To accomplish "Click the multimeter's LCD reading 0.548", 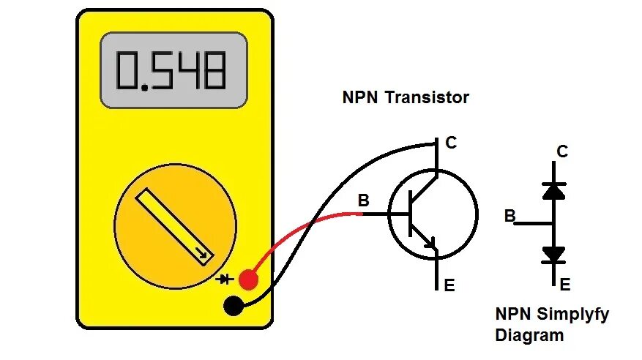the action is tap(173, 70).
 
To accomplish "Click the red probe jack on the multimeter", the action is tap(248, 279).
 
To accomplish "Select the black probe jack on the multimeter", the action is tap(234, 306).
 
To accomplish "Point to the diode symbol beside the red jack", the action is tap(226, 279).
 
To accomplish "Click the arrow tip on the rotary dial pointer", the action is tap(206, 256).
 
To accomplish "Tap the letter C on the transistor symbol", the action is tap(451, 143).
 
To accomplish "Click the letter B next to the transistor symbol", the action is tap(363, 200).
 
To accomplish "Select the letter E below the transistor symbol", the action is tap(449, 285).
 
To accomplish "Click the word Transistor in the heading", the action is tap(432, 97).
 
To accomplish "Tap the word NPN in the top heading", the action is tap(359, 97).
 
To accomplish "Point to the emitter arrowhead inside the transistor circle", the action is tap(431, 244).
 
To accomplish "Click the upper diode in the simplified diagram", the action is tap(554, 190).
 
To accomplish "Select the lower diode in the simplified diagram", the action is tap(554, 254).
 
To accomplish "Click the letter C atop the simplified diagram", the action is tap(562, 152).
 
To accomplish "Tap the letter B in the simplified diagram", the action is tap(510, 216).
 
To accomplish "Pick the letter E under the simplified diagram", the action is tap(564, 285).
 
